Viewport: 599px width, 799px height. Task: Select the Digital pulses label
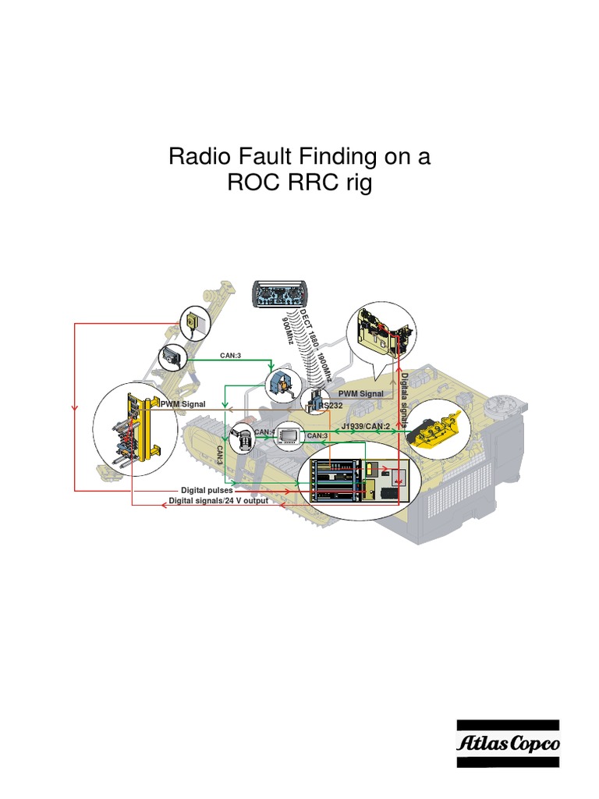(207, 490)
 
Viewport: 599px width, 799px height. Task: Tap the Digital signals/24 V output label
(218, 501)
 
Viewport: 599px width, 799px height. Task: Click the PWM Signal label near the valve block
(183, 404)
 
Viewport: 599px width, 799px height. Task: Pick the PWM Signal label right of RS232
(361, 394)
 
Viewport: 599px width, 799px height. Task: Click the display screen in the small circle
(289, 435)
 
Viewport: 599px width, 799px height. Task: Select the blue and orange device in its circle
(280, 383)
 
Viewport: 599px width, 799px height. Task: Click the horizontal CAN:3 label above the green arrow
(231, 355)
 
